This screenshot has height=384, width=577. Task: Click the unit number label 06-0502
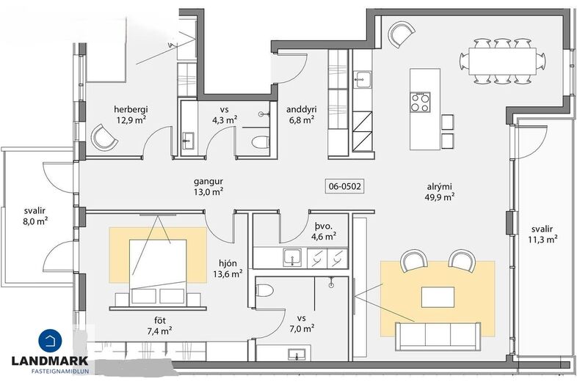pos(345,186)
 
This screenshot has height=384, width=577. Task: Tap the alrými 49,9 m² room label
pos(440,191)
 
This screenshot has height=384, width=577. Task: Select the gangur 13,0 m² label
pos(208,186)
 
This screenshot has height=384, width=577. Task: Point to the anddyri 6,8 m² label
pos(302,114)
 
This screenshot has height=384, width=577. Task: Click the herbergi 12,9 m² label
pos(131,114)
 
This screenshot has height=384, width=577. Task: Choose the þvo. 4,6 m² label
pos(324,231)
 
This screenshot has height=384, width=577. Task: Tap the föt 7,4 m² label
pos(160,325)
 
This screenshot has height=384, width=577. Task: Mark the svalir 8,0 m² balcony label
pos(35,216)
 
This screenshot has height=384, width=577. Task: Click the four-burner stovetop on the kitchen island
pos(420,102)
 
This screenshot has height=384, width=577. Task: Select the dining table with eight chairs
pos(503,61)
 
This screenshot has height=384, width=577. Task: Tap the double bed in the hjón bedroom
pos(158,273)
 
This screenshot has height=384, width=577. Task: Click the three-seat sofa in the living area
pos(438,336)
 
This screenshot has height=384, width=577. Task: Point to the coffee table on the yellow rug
pos(438,297)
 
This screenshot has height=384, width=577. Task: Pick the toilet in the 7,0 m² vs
pos(264,290)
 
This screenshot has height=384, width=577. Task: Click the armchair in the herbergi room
pos(104,137)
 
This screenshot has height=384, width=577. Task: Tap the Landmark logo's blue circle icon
pos(51,341)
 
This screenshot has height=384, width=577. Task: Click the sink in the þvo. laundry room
pos(292,257)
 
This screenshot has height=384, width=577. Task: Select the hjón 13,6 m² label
pos(228,269)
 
